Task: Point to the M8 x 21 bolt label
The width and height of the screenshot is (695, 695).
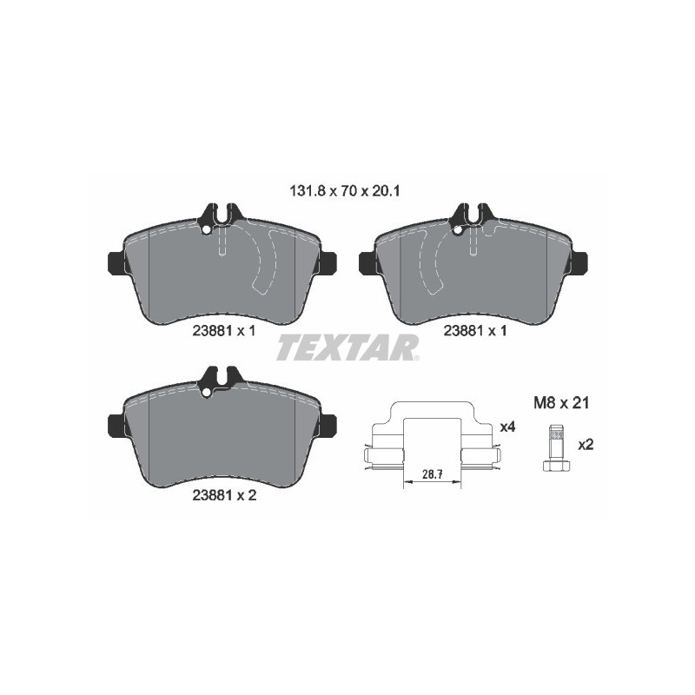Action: pos(561,403)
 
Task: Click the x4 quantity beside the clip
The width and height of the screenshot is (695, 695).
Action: pos(508,427)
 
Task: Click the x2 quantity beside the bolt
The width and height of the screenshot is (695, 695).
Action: pos(585,445)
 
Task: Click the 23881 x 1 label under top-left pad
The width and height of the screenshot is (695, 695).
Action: pos(223,330)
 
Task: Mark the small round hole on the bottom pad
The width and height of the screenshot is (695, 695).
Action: pos(205,393)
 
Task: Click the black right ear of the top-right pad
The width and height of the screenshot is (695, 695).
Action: pos(578,262)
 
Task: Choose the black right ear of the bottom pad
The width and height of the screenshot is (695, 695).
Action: pos(328,424)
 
